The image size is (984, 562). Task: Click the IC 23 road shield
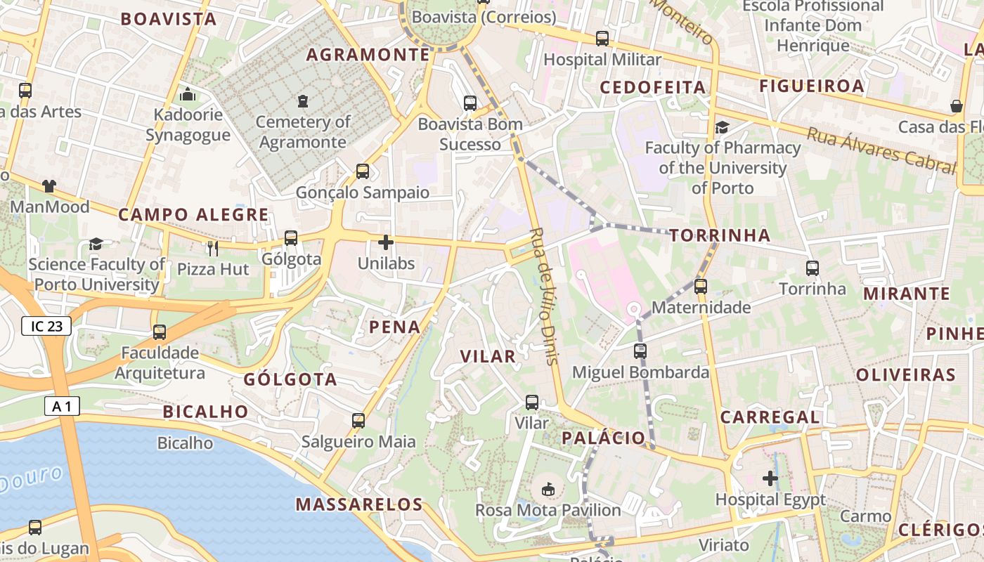tap(46, 325)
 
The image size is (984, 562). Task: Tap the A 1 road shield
tap(62, 405)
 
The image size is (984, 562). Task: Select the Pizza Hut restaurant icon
tap(213, 248)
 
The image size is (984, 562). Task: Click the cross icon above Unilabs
tap(386, 242)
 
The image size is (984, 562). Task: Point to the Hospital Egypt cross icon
tap(770, 478)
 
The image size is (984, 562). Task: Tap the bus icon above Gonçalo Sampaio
tap(363, 171)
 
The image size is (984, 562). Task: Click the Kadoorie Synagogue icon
tap(188, 93)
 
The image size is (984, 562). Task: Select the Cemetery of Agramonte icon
tap(303, 101)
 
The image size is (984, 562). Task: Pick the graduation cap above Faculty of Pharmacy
tap(722, 127)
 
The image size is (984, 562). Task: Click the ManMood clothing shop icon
tap(49, 186)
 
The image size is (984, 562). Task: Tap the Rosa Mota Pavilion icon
tap(548, 489)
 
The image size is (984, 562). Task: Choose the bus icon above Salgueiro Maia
tap(358, 421)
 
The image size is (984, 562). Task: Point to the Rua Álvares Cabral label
tap(881, 150)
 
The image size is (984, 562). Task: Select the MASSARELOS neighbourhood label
tap(359, 504)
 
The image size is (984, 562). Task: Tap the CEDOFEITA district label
tap(652, 87)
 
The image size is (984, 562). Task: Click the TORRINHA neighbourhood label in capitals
tap(720, 235)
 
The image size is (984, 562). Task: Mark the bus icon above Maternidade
tap(701, 287)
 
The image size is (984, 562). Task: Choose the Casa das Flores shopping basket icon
tap(957, 106)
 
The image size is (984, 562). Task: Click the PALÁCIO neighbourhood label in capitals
tap(603, 438)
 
